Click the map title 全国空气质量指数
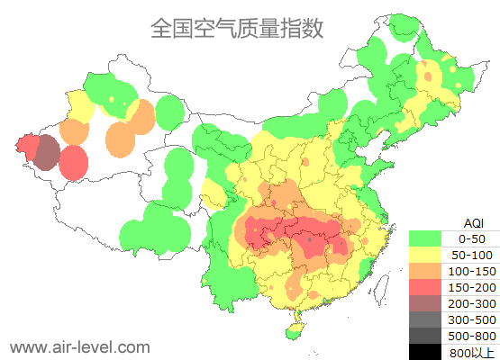click(x=237, y=29)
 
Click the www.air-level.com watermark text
click(x=79, y=346)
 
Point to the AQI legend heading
click(x=473, y=222)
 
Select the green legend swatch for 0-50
click(x=425, y=238)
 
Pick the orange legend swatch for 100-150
click(x=425, y=271)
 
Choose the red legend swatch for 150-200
click(x=425, y=287)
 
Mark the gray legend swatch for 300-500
click(x=425, y=319)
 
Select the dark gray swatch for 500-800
click(x=425, y=336)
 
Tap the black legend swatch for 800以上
click(x=425, y=352)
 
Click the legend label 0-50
click(x=472, y=238)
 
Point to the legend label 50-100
click(x=472, y=255)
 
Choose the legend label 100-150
click(x=472, y=271)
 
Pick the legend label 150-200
click(x=472, y=287)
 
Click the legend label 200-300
click(x=472, y=303)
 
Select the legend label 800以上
click(x=472, y=352)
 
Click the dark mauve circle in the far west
click(x=47, y=153)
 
